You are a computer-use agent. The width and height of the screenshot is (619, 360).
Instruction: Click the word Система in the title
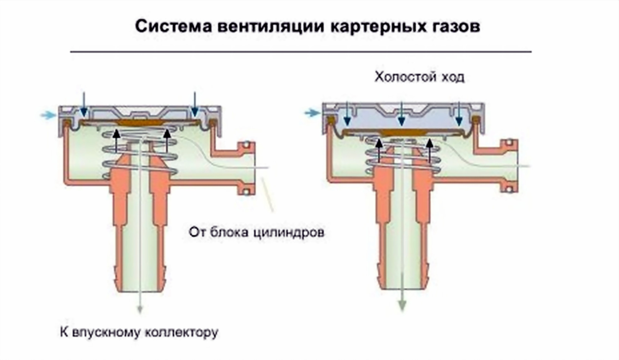[x=173, y=26]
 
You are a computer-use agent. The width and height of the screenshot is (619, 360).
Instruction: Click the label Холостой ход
[x=419, y=77]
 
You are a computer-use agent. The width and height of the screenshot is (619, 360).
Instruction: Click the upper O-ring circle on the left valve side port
[x=246, y=144]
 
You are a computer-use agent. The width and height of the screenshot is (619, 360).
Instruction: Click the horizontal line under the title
[x=300, y=52]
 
